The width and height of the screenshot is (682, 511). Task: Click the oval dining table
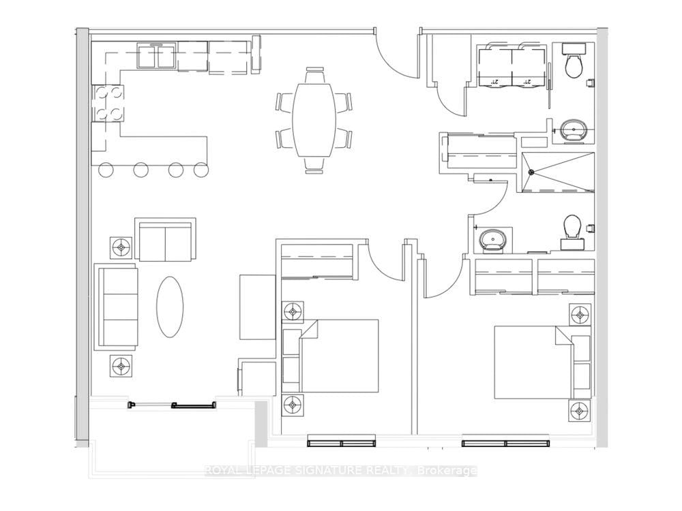(314, 119)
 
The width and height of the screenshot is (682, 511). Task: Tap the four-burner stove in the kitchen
(108, 103)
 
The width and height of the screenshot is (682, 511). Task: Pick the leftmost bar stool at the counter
(107, 169)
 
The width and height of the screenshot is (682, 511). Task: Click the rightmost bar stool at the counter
(200, 169)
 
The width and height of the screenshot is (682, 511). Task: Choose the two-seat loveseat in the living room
(165, 240)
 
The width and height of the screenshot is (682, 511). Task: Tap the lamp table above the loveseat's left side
(121, 247)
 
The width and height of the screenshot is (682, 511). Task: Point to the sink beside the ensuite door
(492, 239)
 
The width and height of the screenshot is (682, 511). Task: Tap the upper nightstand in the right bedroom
(580, 315)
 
